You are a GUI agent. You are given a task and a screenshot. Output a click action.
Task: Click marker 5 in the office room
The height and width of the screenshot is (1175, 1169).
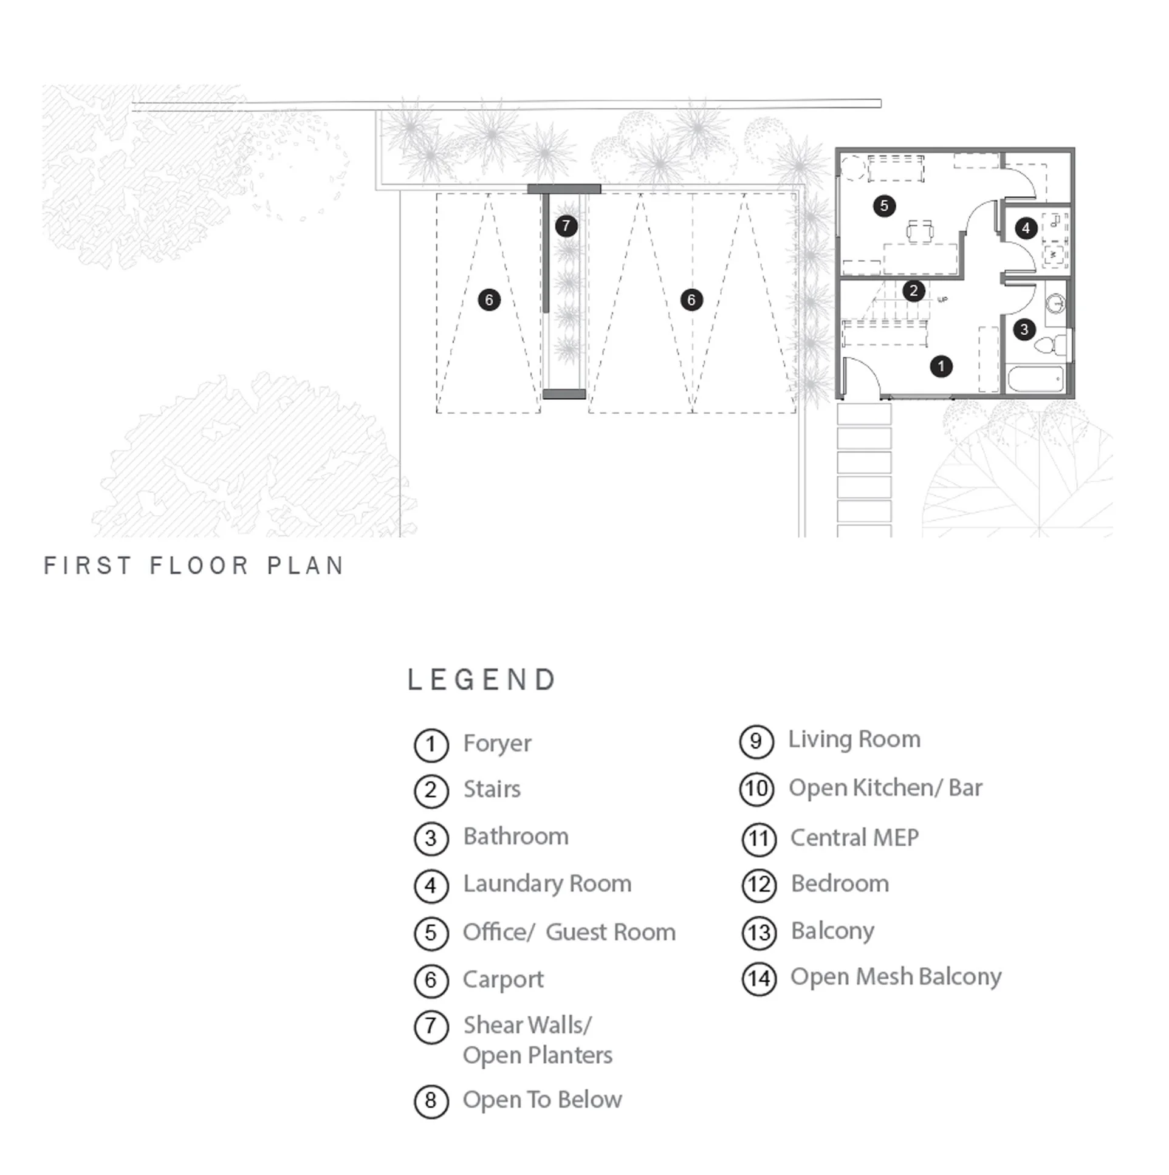(x=885, y=205)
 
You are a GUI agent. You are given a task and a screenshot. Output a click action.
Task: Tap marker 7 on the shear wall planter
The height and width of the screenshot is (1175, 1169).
(x=566, y=226)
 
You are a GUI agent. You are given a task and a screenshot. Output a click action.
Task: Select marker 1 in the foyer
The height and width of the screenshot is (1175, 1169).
(x=941, y=366)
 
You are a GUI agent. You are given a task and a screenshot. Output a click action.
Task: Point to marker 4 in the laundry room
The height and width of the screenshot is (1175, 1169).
(x=1026, y=228)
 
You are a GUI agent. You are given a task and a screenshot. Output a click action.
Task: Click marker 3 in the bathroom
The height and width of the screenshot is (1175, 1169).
(x=1024, y=330)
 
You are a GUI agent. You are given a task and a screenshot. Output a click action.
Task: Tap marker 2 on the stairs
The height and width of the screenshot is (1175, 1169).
(x=914, y=290)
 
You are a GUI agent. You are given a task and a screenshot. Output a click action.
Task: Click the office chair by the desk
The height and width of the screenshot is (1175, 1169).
(x=920, y=231)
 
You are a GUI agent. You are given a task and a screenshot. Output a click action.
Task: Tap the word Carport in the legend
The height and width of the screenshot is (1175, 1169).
(x=502, y=980)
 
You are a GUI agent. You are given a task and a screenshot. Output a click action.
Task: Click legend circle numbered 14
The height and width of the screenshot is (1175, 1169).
(x=759, y=979)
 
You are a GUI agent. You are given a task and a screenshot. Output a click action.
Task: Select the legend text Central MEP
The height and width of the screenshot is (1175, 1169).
(x=854, y=838)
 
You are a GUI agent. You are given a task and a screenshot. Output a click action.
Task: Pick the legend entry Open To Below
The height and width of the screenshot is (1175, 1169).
(x=542, y=1100)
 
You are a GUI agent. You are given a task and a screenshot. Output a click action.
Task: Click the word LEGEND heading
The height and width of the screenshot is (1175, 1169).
(x=481, y=680)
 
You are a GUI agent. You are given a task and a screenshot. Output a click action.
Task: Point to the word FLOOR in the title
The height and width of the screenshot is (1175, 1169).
(x=199, y=566)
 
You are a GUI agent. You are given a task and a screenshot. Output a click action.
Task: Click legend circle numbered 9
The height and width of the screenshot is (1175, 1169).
(x=756, y=741)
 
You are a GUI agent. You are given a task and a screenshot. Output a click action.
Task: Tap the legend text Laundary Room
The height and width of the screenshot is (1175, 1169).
(x=547, y=884)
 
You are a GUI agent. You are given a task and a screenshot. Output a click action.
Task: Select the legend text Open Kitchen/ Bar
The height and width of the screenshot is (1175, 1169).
(x=885, y=788)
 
